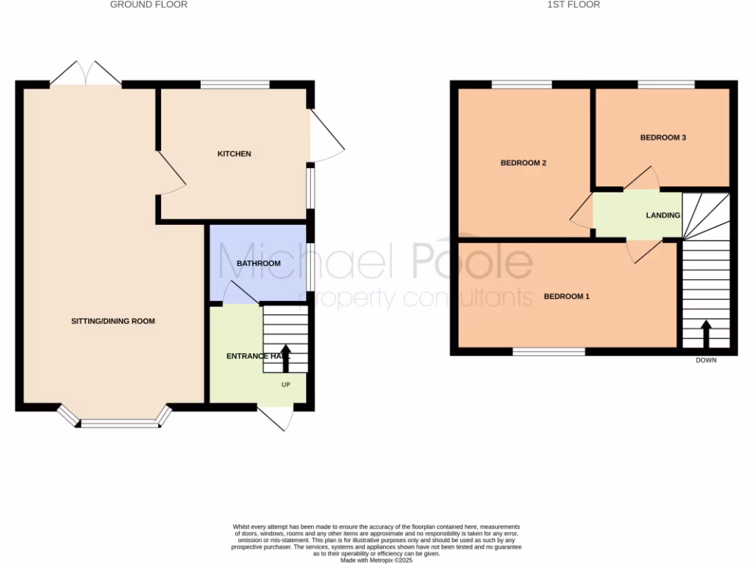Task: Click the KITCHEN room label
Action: coord(234,154)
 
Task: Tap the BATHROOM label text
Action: coord(258,264)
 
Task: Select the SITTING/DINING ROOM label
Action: coord(113,322)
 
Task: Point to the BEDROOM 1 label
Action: coord(566,297)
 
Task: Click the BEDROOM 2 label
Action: coord(523,163)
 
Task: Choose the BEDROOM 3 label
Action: coord(663,137)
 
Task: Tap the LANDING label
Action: coord(663,215)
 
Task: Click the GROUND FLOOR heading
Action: coord(149,4)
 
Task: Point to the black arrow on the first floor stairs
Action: coord(707,334)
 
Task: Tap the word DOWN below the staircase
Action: coord(706,361)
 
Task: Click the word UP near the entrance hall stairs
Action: coord(286,384)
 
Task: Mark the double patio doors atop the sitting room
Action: coord(86,73)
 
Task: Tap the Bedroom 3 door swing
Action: coord(642,179)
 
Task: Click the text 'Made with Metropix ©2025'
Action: coord(376,560)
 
